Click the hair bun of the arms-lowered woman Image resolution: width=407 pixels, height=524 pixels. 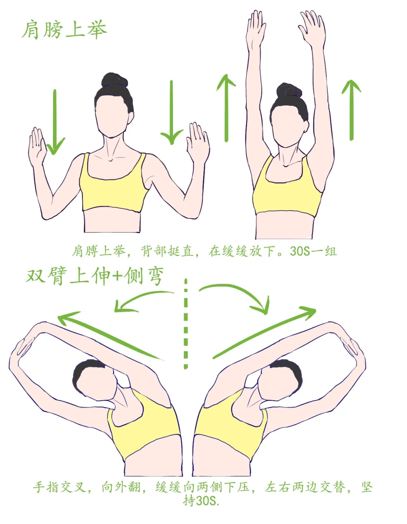(x=114, y=80)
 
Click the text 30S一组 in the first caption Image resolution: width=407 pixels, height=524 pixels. (x=313, y=252)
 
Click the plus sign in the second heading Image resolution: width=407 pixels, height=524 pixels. (x=118, y=277)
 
